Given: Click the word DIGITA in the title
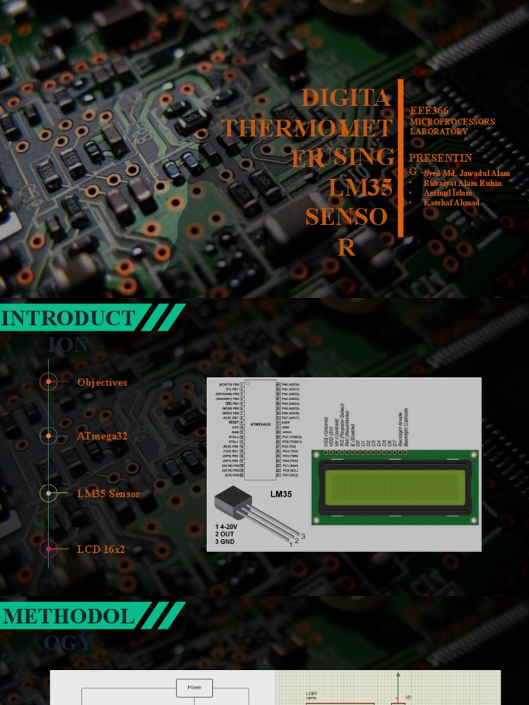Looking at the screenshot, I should [346, 98].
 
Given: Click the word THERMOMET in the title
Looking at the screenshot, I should [307, 128].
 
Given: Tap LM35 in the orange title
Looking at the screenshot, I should [360, 187].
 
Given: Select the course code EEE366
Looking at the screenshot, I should [429, 111].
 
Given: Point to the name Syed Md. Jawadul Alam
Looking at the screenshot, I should [467, 173].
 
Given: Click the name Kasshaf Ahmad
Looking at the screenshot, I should [451, 203].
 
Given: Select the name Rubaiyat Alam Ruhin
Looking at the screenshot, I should [462, 183].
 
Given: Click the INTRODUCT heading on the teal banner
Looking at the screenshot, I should [68, 318].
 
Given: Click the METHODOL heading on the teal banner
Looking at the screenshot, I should [69, 616].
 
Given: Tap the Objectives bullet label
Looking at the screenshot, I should [102, 382].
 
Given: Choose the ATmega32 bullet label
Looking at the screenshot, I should [102, 436].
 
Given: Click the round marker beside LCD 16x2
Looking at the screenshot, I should [48, 549].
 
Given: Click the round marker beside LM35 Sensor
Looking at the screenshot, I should [48, 493].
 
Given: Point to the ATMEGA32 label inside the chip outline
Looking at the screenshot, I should [260, 425].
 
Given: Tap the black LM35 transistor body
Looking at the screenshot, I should [231, 501].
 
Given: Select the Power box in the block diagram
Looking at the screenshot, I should [194, 687].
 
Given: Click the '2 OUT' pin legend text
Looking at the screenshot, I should [227, 534].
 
